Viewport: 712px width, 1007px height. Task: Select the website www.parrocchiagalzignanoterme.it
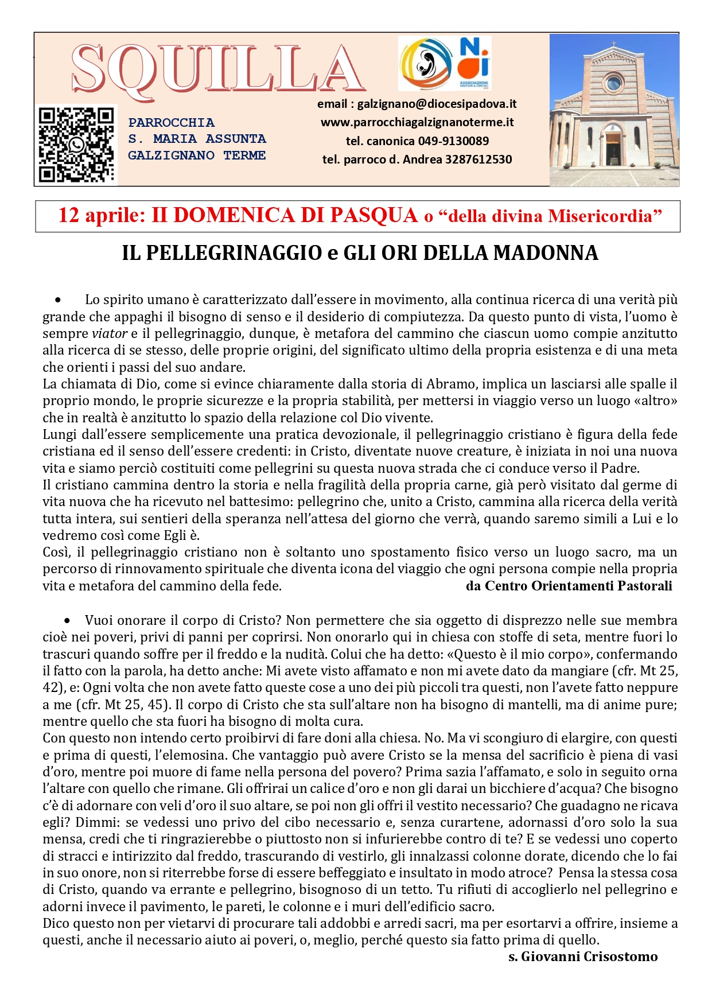pos(417,122)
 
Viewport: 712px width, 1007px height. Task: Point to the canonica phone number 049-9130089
pos(453,141)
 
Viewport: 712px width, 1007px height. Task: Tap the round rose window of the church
pos(613,84)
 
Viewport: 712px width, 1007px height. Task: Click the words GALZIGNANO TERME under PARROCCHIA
pos(197,155)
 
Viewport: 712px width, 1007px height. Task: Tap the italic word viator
pos(110,334)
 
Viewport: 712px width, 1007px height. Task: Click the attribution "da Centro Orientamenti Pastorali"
pos(569,586)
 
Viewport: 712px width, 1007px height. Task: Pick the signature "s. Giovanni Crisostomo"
pos(583,957)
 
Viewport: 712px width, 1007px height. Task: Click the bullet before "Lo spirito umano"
pos(58,300)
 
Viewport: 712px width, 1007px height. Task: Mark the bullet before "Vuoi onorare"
pos(68,621)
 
